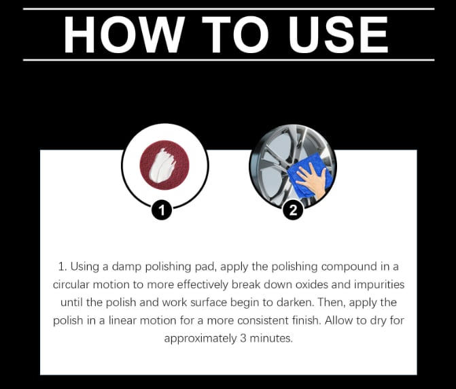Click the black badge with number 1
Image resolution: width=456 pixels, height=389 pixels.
tap(162, 209)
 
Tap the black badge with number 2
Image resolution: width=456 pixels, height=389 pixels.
tap(293, 209)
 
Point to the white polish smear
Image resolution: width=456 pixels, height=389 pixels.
tap(162, 165)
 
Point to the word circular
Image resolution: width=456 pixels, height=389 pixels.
tap(71, 284)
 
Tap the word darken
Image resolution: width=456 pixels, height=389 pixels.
tap(296, 303)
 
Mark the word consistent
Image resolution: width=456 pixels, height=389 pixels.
tap(262, 320)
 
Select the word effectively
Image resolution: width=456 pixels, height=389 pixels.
tap(202, 285)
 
